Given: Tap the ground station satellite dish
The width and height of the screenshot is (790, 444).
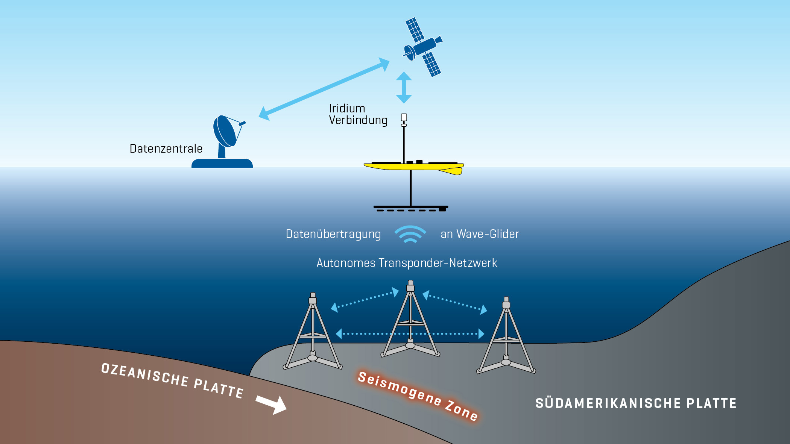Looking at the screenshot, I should (x=226, y=132).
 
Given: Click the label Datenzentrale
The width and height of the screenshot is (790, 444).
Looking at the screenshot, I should (x=166, y=149).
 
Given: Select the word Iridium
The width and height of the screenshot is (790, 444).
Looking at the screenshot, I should (x=347, y=109).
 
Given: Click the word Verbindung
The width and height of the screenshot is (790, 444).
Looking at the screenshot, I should (x=358, y=120).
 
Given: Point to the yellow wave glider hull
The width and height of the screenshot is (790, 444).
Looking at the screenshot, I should (x=414, y=167).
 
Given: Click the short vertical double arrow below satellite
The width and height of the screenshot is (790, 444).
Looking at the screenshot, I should (x=404, y=88).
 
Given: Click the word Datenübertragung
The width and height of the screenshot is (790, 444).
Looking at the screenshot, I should (x=333, y=234).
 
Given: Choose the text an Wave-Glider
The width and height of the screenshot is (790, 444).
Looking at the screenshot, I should (x=480, y=234).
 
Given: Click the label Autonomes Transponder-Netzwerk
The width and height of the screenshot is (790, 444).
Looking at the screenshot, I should (x=407, y=263).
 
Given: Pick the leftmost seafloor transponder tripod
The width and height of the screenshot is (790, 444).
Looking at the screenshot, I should (x=313, y=335).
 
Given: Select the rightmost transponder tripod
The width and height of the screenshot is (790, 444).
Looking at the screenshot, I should (x=506, y=338).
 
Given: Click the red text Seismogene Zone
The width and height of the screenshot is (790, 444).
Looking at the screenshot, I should (x=418, y=396).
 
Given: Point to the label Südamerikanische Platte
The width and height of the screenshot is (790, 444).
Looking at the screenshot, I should (x=636, y=403).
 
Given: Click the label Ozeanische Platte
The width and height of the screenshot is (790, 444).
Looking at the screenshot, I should (x=172, y=380).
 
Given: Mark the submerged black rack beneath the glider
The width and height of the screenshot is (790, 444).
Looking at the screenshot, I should (x=411, y=208).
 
